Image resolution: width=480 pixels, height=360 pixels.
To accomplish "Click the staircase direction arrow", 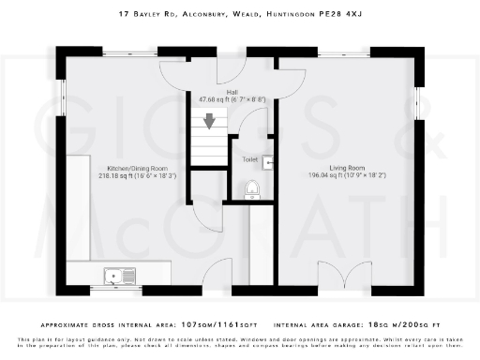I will click(x=210, y=120).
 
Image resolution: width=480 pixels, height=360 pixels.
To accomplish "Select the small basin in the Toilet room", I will click(x=268, y=162).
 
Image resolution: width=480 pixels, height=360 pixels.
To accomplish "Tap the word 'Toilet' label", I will click(x=249, y=159).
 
